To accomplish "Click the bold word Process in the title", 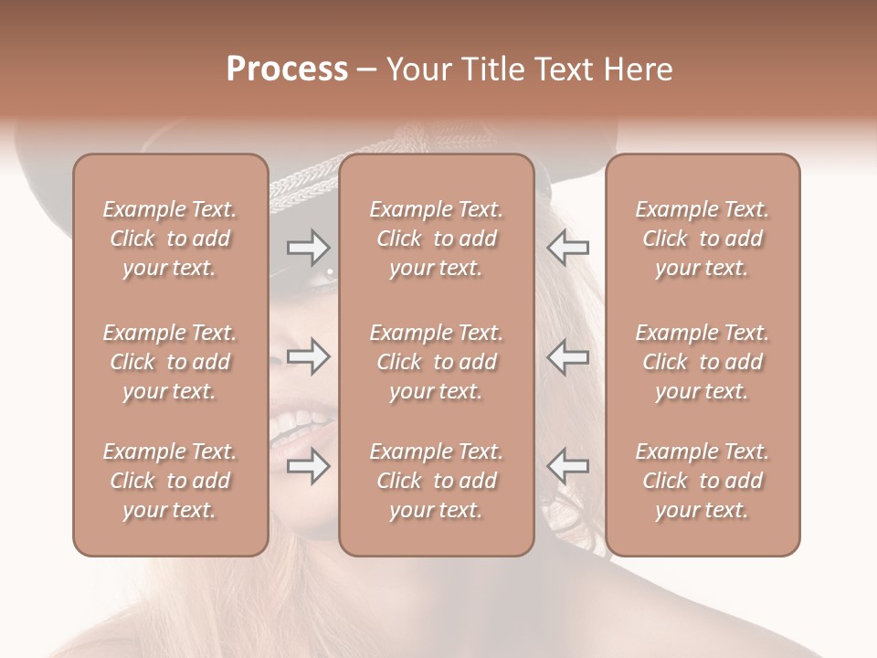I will coord(287,69).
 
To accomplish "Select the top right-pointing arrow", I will coord(308,247).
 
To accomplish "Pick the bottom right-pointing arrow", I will coord(308,467).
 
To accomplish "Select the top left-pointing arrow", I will coord(567,247).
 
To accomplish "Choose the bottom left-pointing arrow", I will coord(567,467).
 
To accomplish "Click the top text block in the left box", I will coord(170,239).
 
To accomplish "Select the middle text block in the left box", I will coord(170,362).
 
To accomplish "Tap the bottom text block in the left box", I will coord(170,481).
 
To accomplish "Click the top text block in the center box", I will coord(436,239).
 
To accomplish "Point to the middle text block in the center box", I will coord(436,362).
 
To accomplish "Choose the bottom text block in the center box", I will coord(436,481).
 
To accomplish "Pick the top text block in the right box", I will coord(702,239).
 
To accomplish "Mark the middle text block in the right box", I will coord(702,362).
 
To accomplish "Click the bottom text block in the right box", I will coord(702,481).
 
